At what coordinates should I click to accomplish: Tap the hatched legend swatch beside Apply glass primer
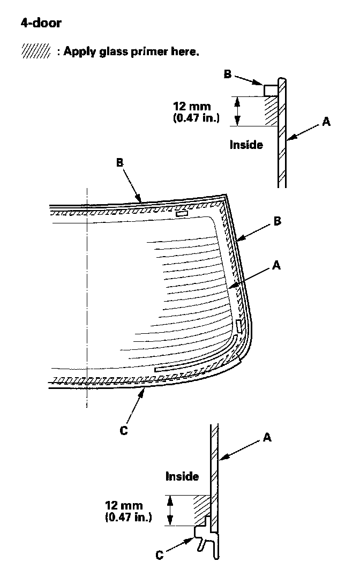pyautogui.click(x=35, y=53)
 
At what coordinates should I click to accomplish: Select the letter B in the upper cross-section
pyautogui.click(x=227, y=74)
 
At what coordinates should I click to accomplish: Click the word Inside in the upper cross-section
pyautogui.click(x=246, y=144)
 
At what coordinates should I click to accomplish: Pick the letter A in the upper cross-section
pyautogui.click(x=326, y=122)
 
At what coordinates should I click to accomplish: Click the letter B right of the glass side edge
pyautogui.click(x=277, y=221)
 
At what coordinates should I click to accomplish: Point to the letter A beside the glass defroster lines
pyautogui.click(x=276, y=264)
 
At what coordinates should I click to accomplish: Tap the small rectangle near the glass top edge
pyautogui.click(x=182, y=214)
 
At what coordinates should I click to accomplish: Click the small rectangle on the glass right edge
pyautogui.click(x=239, y=326)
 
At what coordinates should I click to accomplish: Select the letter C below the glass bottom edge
pyautogui.click(x=124, y=430)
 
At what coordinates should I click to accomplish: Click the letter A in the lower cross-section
pyautogui.click(x=267, y=438)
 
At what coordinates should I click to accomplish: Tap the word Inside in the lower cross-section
pyautogui.click(x=182, y=476)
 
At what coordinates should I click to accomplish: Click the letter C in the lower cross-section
pyautogui.click(x=159, y=556)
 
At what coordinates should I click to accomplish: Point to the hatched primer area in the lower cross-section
pyautogui.click(x=201, y=506)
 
